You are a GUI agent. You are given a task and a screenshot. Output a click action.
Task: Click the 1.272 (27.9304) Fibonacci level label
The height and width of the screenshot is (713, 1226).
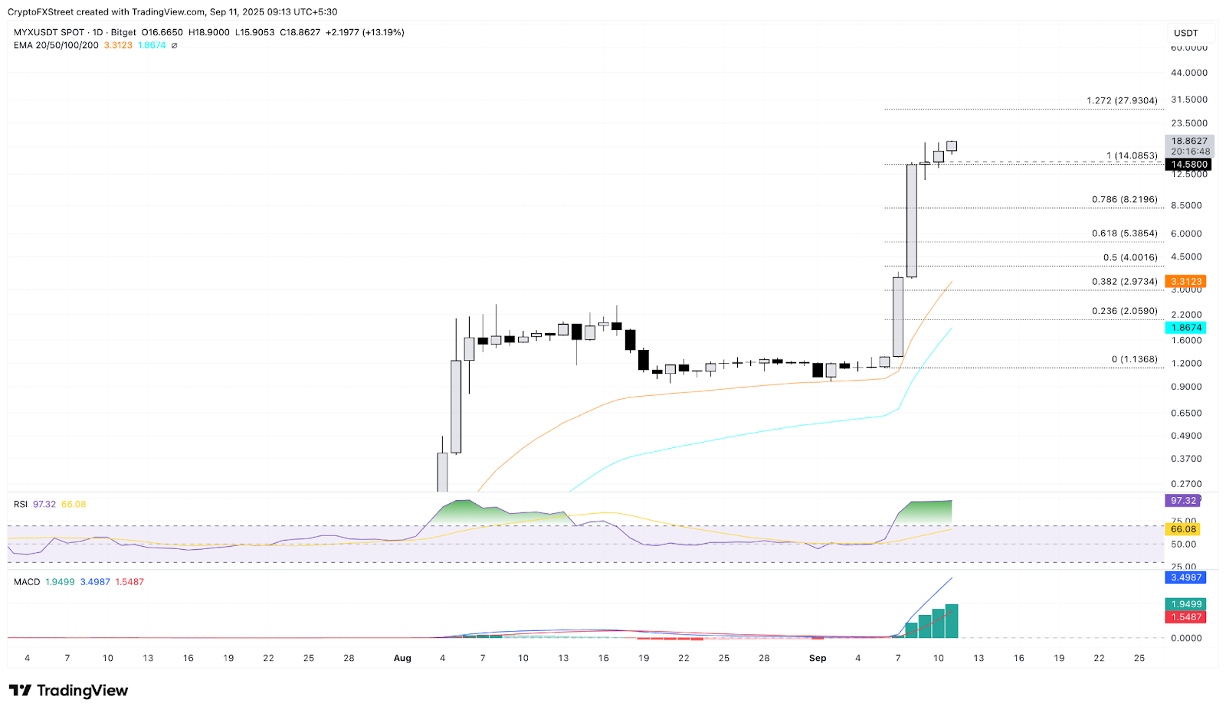click(1122, 101)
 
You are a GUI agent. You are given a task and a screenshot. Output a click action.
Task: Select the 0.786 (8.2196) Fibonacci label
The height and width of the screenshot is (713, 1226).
click(1124, 200)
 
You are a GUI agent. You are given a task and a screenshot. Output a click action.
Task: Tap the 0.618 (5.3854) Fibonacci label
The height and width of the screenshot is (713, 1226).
click(1124, 234)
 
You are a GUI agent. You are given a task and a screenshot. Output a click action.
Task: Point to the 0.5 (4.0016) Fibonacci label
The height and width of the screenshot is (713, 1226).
click(1130, 258)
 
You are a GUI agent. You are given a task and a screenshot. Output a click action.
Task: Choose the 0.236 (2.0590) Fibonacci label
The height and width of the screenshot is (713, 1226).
click(1124, 312)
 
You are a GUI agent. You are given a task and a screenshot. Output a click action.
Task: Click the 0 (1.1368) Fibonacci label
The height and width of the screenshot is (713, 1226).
click(1134, 360)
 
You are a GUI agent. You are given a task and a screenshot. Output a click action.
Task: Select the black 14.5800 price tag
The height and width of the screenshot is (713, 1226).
click(1188, 165)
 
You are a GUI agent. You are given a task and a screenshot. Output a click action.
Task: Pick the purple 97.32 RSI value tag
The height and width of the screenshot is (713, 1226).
click(1183, 501)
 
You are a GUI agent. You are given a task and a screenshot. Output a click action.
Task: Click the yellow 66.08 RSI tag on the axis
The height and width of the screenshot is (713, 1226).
click(1183, 529)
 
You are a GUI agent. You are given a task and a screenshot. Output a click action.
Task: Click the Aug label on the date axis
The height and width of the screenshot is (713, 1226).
click(402, 658)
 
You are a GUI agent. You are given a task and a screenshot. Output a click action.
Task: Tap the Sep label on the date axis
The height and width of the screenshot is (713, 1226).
click(818, 658)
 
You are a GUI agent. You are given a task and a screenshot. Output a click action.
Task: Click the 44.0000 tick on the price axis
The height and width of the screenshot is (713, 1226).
click(1188, 73)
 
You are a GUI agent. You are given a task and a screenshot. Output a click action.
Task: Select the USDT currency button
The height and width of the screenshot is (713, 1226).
click(1185, 33)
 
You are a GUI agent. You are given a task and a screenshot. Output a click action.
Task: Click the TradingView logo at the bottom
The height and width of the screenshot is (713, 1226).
click(69, 691)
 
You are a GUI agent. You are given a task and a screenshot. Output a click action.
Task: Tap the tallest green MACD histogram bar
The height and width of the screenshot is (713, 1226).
click(952, 621)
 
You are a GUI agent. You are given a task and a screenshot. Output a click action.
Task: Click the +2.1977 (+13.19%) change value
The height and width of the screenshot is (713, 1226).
click(365, 32)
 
